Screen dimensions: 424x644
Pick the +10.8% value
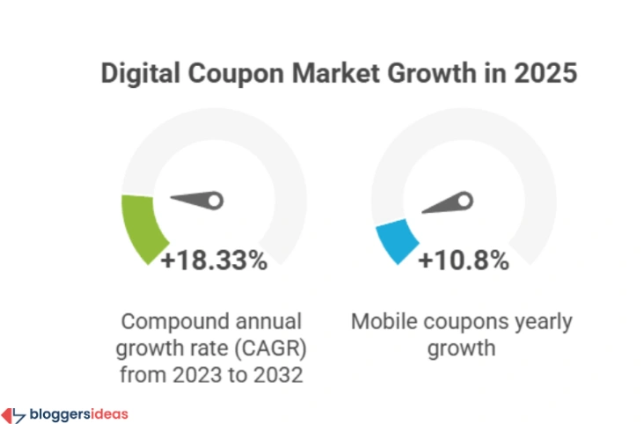(462, 260)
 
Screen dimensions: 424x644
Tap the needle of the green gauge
(199, 201)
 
